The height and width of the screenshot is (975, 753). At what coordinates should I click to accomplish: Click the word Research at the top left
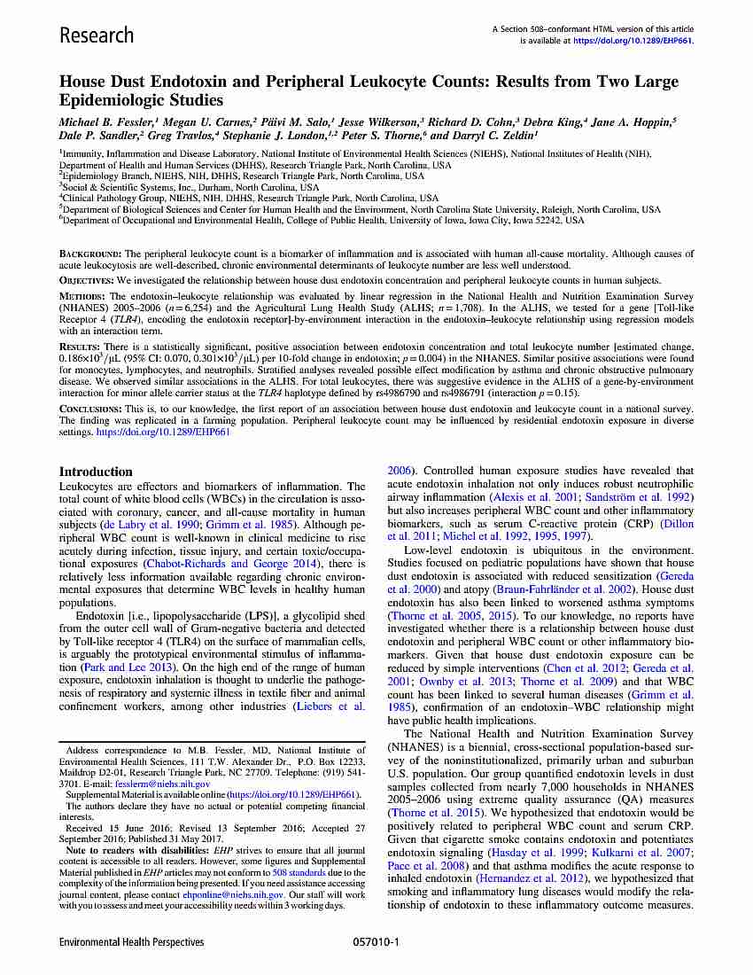click(96, 35)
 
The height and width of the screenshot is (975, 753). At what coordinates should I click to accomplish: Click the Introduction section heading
click(96, 472)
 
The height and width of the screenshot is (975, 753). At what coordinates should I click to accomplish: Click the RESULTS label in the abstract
click(77, 345)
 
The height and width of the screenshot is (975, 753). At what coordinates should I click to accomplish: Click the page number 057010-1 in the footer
click(376, 942)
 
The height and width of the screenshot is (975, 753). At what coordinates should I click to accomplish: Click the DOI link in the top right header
click(633, 40)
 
